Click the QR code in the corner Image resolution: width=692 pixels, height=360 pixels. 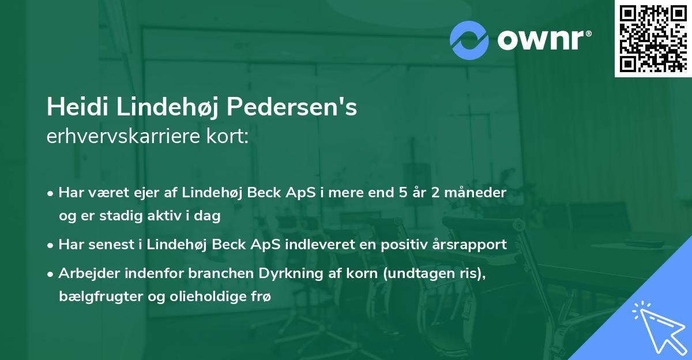(x=652, y=38)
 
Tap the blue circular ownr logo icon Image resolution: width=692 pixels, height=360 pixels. (x=469, y=40)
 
